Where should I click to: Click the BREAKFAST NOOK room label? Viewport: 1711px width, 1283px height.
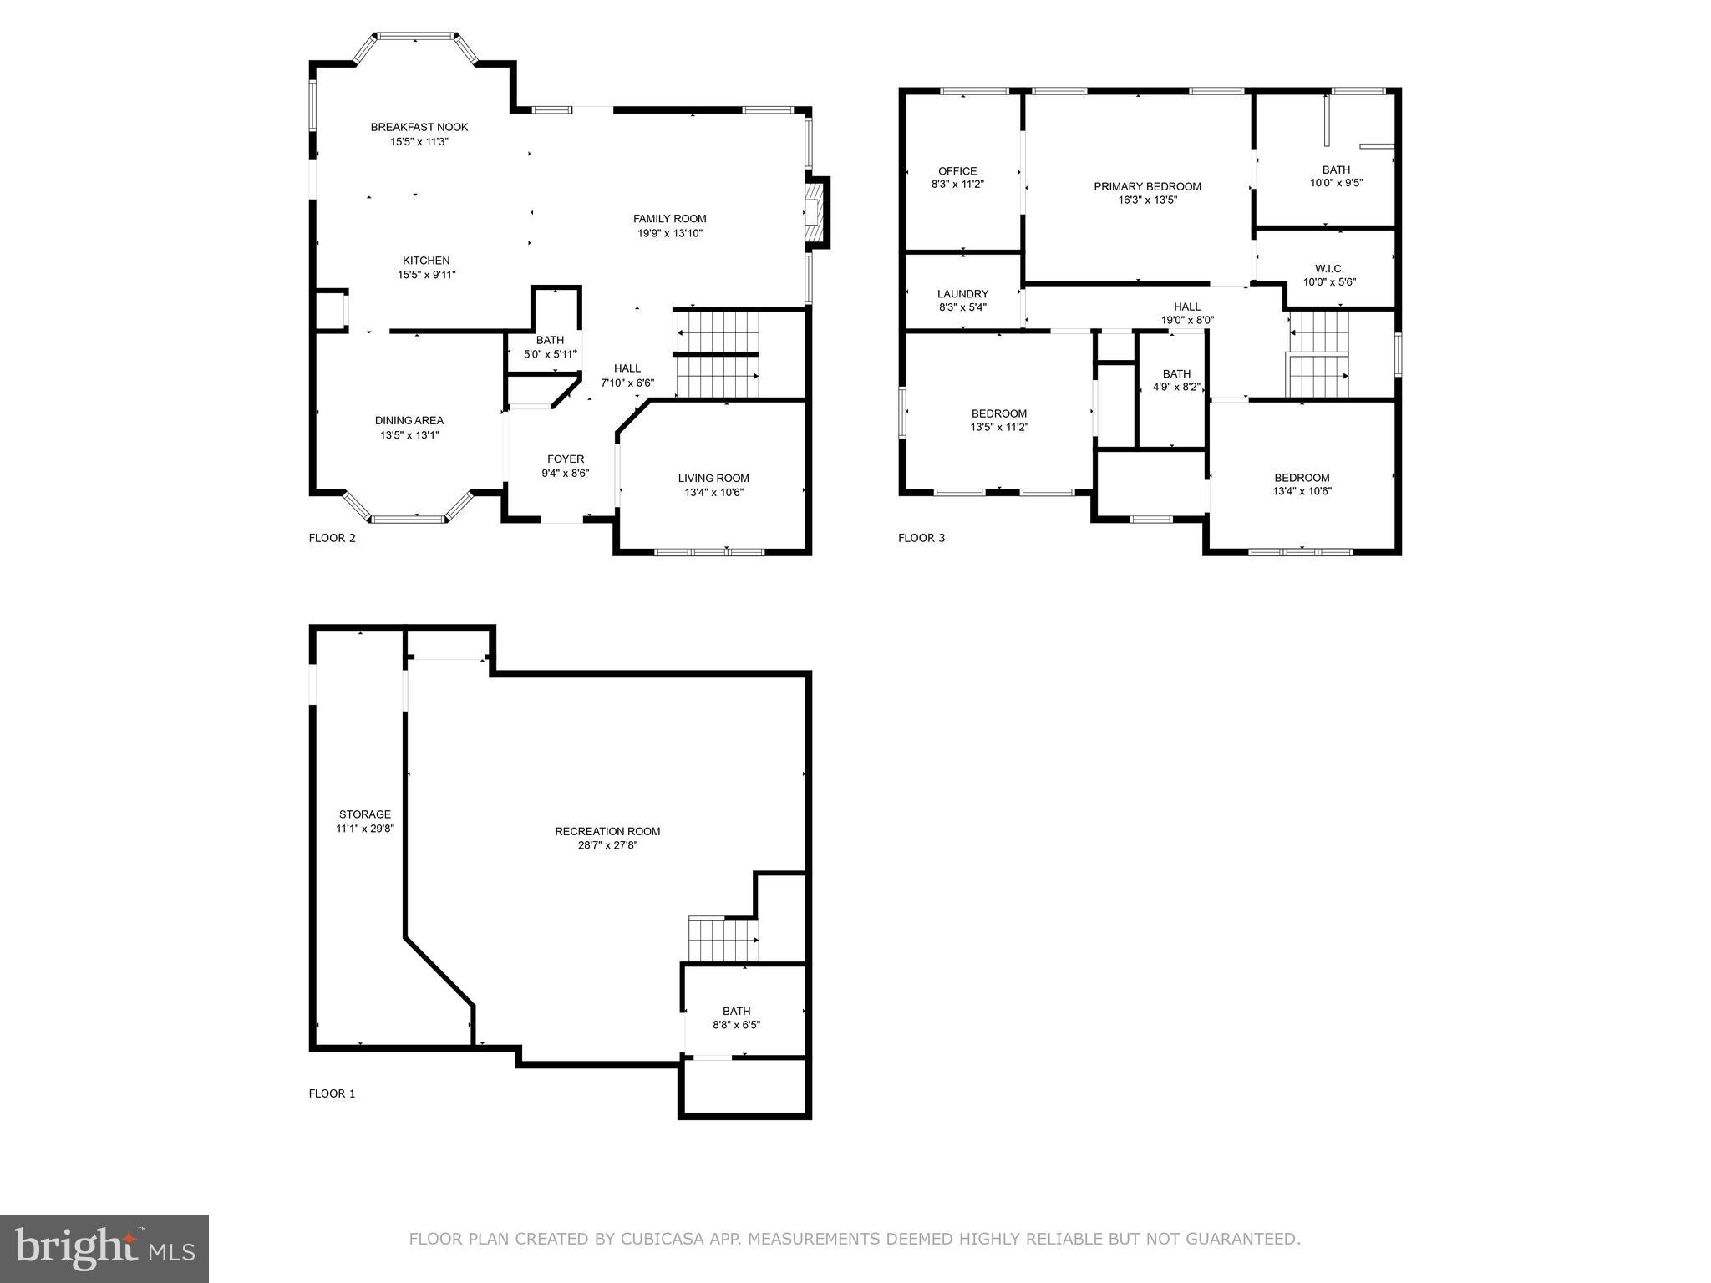point(419,127)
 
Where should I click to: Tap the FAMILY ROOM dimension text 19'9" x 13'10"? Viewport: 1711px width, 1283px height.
point(670,233)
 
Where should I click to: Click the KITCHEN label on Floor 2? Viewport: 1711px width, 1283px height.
point(426,261)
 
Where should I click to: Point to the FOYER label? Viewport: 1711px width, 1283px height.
point(566,459)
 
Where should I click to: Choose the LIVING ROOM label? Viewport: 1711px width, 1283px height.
point(713,478)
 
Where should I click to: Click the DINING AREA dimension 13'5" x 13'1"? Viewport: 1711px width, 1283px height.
point(409,434)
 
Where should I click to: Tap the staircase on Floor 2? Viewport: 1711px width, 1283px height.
point(717,355)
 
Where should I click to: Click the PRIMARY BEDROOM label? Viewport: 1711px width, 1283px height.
point(1147,186)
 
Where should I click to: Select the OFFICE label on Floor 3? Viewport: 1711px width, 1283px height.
point(957,171)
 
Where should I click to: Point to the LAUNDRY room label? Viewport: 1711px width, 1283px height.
point(962,294)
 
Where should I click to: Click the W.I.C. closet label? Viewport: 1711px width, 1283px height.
point(1329,268)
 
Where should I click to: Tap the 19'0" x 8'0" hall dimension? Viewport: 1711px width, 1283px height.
point(1187,320)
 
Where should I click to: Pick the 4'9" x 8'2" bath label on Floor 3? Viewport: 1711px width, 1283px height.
point(1176,387)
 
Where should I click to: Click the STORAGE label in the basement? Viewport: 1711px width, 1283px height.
point(364,814)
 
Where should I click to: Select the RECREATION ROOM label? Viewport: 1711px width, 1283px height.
point(607,831)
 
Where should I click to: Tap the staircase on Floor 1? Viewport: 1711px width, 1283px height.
point(723,940)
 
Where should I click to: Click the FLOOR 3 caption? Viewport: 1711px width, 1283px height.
point(922,538)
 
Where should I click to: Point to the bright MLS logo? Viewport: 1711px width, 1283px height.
point(104,1249)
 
